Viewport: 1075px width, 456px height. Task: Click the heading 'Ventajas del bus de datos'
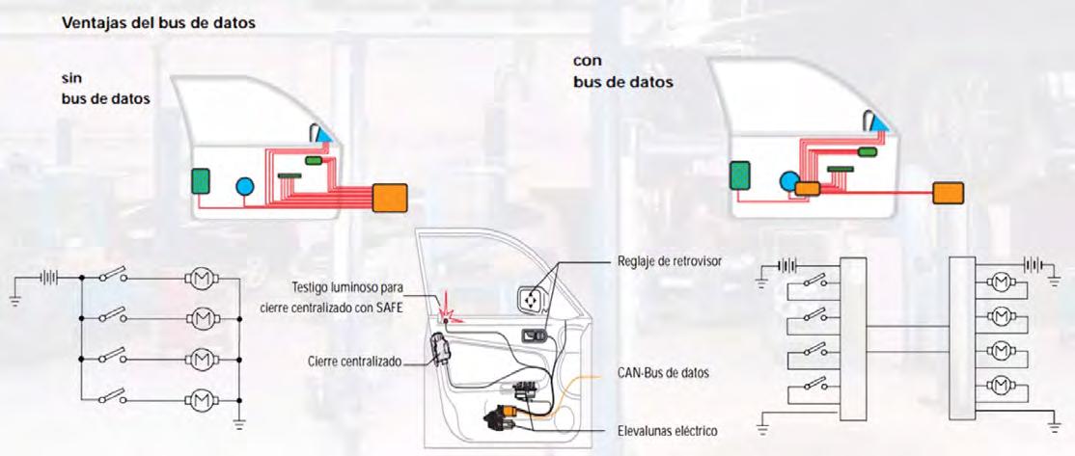point(158,22)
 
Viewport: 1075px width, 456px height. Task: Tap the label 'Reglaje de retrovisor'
point(668,261)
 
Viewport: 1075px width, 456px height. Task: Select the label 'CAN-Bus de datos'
point(662,372)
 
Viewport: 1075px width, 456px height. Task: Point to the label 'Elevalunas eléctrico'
point(668,429)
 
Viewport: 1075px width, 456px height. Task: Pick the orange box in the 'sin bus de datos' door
point(390,197)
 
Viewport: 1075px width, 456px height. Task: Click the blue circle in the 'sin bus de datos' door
point(244,187)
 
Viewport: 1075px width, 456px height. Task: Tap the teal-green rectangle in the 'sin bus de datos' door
point(201,180)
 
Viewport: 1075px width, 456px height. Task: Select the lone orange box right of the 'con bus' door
point(948,193)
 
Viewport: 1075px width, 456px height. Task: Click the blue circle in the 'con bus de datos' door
point(789,179)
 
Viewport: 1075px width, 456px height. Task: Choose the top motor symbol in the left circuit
point(202,279)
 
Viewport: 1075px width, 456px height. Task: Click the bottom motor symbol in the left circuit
point(202,397)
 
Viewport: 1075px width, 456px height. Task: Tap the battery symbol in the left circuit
point(48,278)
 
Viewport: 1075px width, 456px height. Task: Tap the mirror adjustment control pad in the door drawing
point(532,301)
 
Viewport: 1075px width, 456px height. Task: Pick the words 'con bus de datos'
point(622,71)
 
